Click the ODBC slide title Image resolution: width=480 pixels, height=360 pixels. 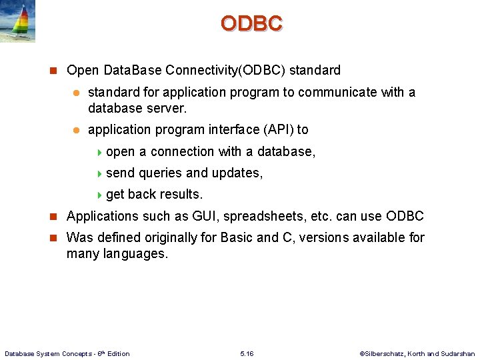click(251, 23)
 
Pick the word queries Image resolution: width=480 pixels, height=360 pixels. click(160, 173)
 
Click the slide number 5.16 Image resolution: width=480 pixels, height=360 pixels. click(247, 353)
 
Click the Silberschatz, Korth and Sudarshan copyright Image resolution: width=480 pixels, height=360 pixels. click(417, 353)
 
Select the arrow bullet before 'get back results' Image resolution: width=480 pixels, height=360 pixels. click(100, 195)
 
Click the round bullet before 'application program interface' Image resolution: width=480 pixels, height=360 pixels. click(77, 130)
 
